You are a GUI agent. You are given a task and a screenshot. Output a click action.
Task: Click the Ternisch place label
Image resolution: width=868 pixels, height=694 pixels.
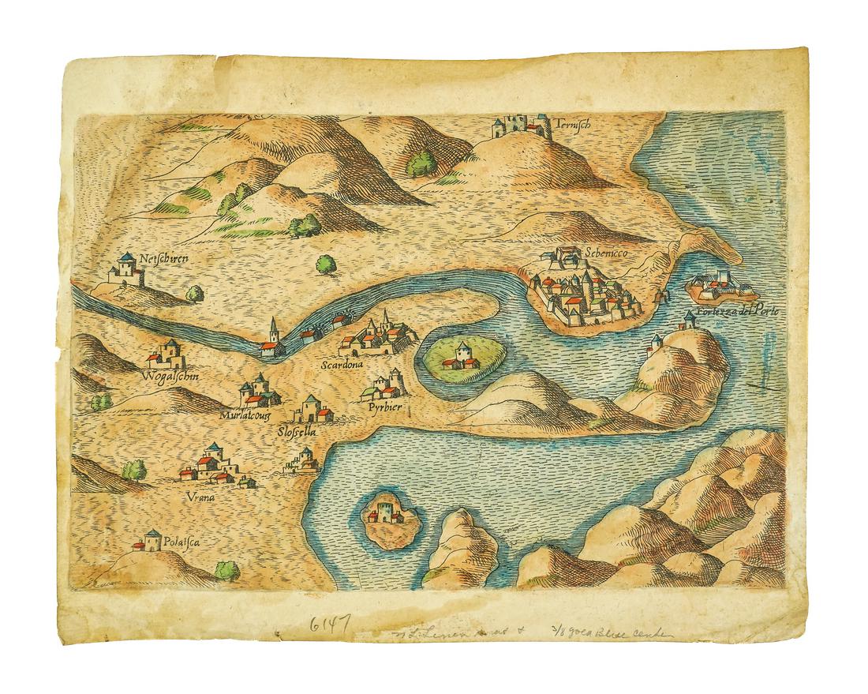click(x=572, y=125)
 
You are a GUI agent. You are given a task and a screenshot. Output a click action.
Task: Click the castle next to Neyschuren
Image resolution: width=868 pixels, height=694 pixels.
click(x=126, y=270)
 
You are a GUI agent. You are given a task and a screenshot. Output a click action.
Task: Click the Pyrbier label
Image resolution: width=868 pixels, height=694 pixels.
click(x=386, y=407)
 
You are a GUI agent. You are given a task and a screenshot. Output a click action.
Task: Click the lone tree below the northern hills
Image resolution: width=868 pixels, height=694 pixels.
click(x=324, y=265)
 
